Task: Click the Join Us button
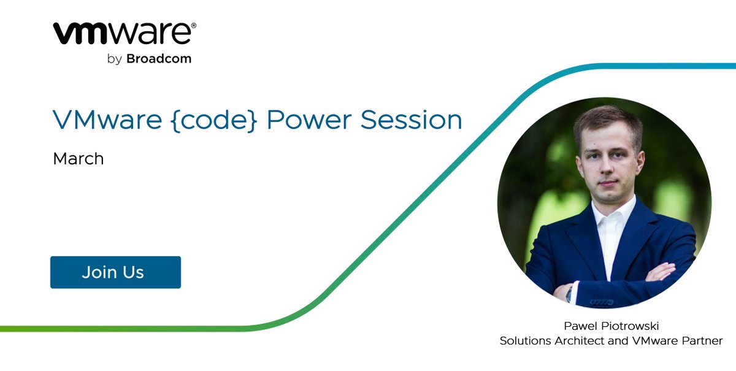115,272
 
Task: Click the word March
78,159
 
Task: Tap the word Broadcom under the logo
159,59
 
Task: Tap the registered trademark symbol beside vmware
194,26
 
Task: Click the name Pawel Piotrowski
611,326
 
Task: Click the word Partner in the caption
703,340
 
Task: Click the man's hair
607,120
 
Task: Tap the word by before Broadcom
114,59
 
